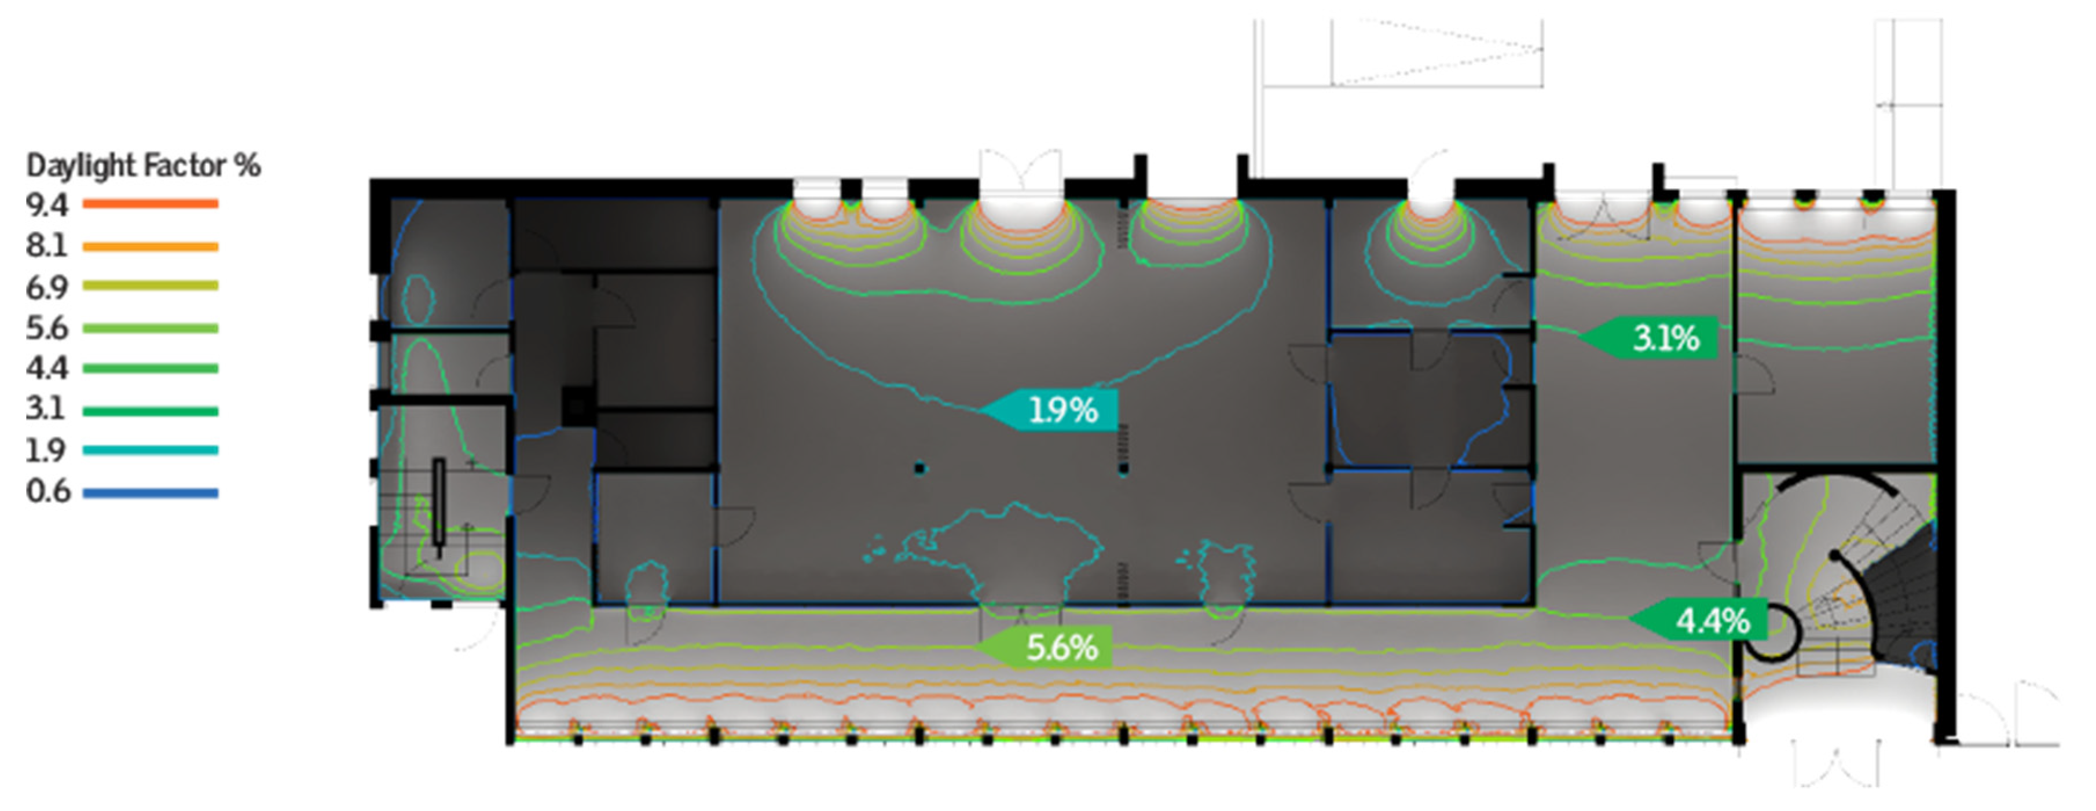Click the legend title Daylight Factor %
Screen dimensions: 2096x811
(143, 165)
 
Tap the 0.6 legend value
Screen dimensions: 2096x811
(48, 491)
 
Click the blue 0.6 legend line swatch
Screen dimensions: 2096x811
(151, 492)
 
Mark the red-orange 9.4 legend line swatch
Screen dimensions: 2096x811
(151, 203)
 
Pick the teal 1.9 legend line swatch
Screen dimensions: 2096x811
(151, 450)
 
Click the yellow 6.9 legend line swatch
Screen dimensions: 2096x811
(151, 286)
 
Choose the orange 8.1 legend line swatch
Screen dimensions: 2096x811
(151, 246)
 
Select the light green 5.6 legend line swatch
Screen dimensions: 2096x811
(151, 328)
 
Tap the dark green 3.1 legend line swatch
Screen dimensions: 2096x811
(151, 411)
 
